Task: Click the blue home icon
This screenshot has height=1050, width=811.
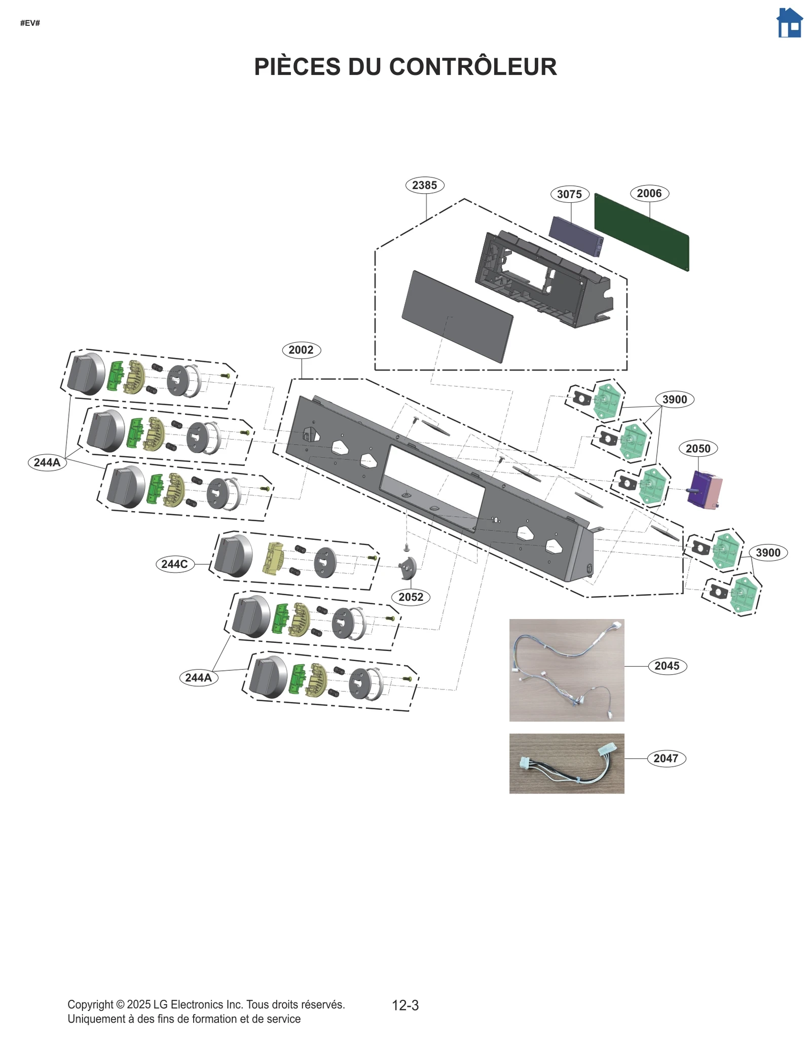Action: click(x=789, y=23)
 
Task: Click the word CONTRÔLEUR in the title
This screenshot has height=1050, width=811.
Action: click(x=473, y=67)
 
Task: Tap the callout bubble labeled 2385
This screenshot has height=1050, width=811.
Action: click(x=425, y=185)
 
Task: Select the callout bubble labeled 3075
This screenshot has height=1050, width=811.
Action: click(x=569, y=194)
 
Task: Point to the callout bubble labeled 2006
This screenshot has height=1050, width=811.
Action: click(x=649, y=193)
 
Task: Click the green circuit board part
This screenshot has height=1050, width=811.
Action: click(x=641, y=232)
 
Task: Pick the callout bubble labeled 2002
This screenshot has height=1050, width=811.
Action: click(x=301, y=350)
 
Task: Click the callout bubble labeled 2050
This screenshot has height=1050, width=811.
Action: click(x=697, y=448)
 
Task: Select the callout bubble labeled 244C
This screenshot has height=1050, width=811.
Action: click(x=174, y=564)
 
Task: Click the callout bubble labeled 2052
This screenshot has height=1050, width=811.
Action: click(x=411, y=597)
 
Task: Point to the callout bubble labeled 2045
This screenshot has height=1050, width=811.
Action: click(x=667, y=666)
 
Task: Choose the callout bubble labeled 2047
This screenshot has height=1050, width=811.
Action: click(x=666, y=758)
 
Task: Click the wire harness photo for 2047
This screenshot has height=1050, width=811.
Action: click(x=566, y=763)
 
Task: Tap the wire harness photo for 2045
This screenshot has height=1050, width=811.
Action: click(x=566, y=669)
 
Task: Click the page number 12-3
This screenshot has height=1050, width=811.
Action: click(x=405, y=1005)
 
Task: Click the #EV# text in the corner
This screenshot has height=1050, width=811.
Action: click(x=30, y=23)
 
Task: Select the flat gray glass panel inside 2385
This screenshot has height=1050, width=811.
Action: click(x=457, y=316)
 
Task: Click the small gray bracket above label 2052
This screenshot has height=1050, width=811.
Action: click(x=408, y=567)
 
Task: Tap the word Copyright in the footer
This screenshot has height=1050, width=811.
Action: click(x=90, y=1004)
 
